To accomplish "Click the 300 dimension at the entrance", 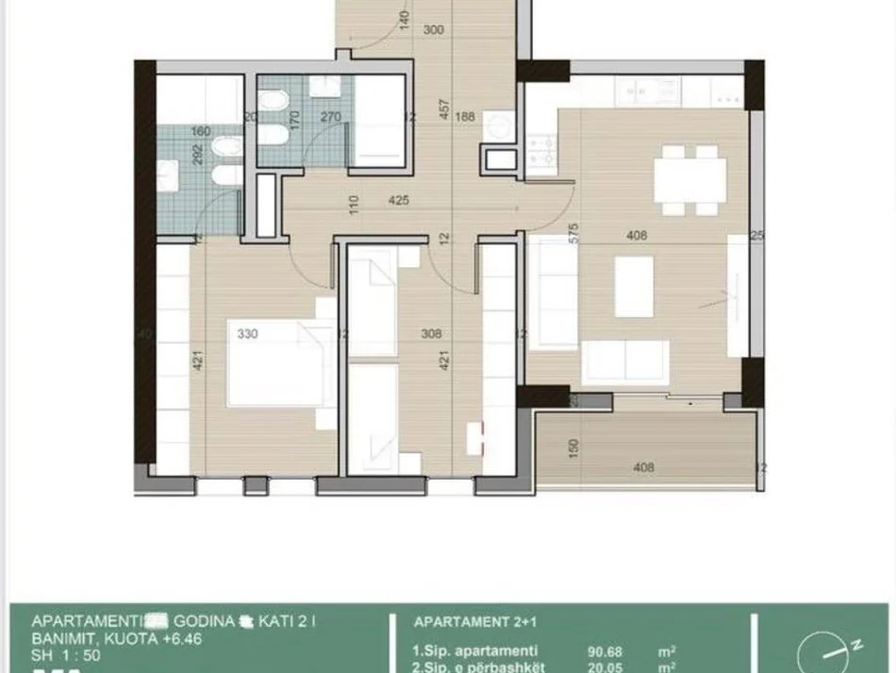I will [x=433, y=30].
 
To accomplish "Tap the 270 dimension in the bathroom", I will [x=331, y=118].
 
